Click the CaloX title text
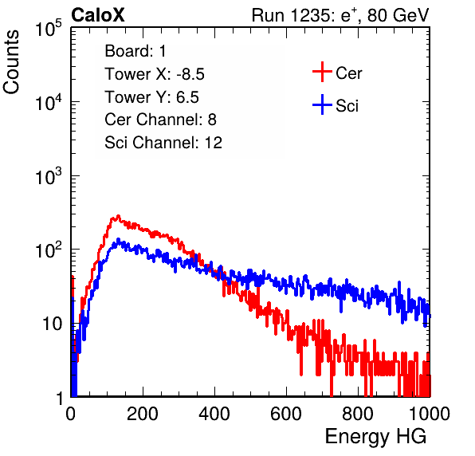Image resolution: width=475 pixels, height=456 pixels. point(98,15)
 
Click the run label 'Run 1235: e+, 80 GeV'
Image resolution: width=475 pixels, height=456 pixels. point(340,15)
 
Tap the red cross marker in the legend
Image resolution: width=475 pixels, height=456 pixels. point(322,72)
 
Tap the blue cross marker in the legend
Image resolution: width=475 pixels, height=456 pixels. point(322,104)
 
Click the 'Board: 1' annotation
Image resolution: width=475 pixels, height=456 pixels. point(135,51)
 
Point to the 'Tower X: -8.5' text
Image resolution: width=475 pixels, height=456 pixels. point(155,74)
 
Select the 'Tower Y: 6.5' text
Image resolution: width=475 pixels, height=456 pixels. point(151,97)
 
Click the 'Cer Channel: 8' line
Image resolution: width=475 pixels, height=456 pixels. point(160,120)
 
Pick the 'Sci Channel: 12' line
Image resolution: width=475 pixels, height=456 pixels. point(163,143)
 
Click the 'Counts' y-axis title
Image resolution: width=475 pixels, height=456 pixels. point(11,62)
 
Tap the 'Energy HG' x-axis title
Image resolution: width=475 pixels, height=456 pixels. point(375,437)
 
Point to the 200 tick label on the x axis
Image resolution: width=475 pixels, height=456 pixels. point(143,414)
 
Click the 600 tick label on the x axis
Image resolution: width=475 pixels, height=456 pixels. point(286,414)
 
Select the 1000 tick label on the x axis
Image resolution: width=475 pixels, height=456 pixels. point(430,414)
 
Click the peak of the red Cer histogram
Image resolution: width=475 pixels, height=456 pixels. point(118,216)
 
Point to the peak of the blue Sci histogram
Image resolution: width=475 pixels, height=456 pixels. point(118,240)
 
